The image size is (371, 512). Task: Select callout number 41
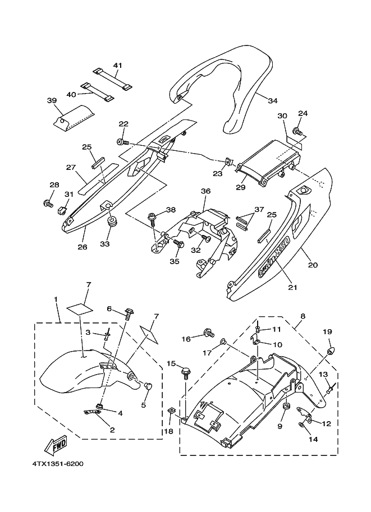(x=117, y=66)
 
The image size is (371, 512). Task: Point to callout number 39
(x=52, y=100)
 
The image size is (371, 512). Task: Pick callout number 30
(x=282, y=116)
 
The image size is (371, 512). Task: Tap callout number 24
(x=303, y=114)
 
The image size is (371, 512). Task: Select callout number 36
(x=205, y=191)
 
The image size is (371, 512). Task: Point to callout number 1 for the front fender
(x=56, y=299)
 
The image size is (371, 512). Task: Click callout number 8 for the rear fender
(x=303, y=316)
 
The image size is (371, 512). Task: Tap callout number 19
(x=327, y=332)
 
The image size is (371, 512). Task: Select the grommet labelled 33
(x=111, y=223)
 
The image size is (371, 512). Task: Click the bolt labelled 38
(x=152, y=216)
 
